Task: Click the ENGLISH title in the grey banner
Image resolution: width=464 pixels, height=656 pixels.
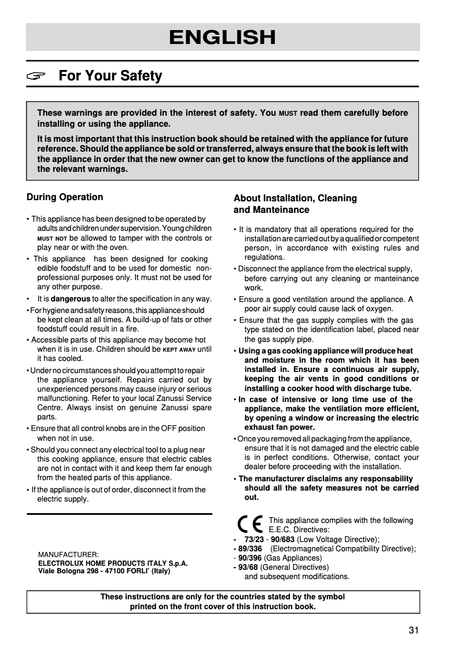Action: click(x=222, y=38)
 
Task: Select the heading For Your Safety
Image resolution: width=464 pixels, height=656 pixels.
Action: click(x=111, y=76)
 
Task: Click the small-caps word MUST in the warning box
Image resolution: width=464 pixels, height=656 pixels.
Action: click(x=288, y=114)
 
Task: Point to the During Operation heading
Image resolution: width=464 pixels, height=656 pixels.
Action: click(x=65, y=197)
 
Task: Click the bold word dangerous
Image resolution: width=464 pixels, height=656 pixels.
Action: click(x=71, y=299)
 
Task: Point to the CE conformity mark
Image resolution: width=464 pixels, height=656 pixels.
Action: click(x=250, y=524)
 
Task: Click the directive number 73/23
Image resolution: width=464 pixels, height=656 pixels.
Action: click(x=254, y=540)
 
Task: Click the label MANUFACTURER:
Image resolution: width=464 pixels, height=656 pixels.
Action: click(x=68, y=554)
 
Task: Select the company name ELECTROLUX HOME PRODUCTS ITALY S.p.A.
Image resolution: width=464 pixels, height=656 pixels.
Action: click(x=113, y=562)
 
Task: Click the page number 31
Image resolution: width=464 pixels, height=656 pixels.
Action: click(x=413, y=631)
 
